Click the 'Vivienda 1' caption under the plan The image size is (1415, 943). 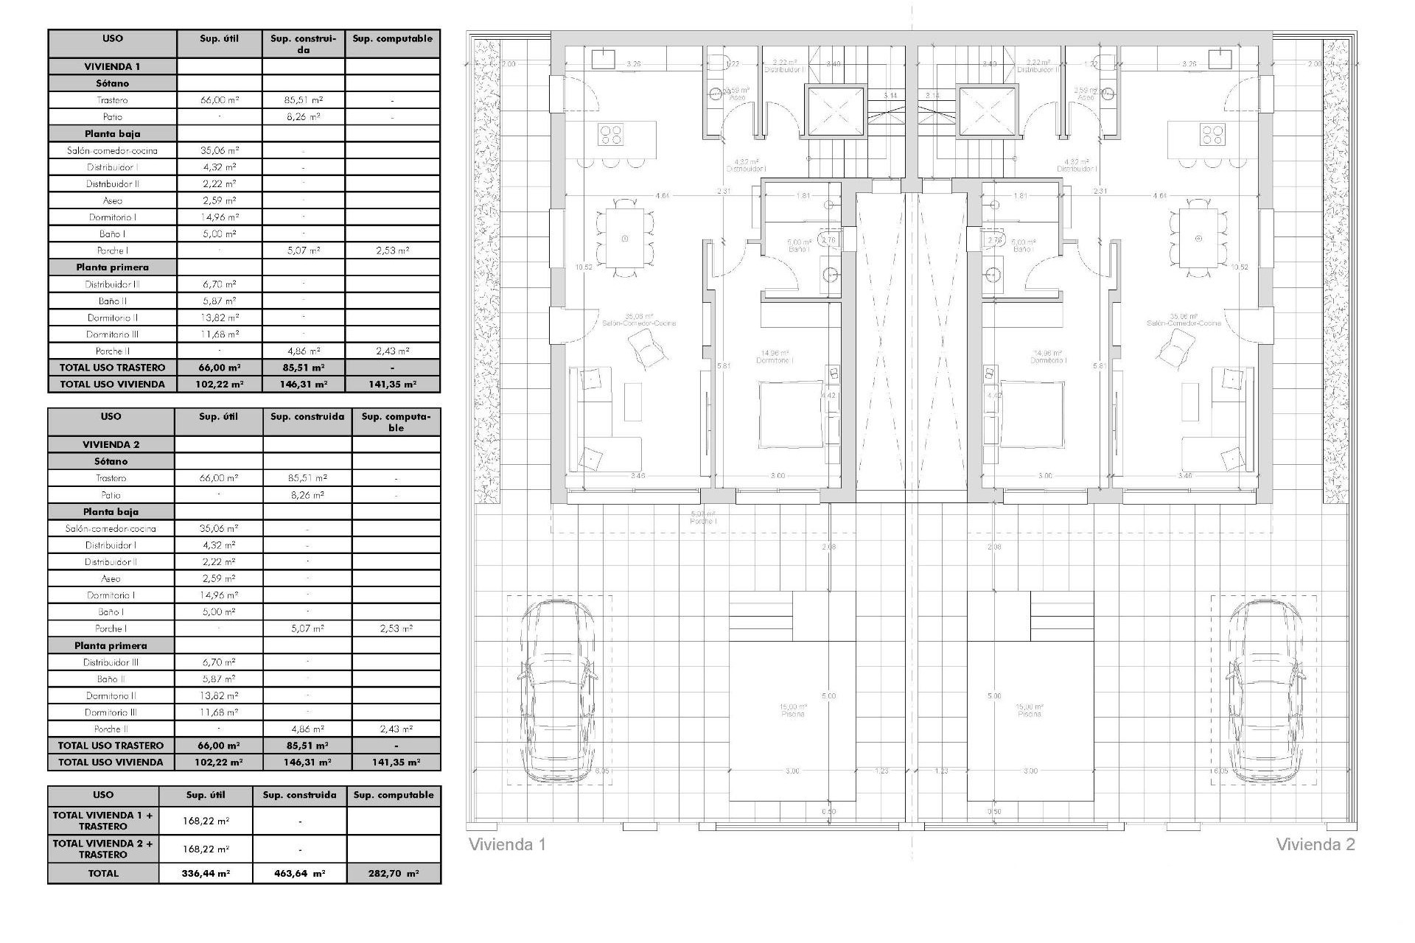coord(507,844)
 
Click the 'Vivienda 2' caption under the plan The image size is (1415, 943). coord(1315,844)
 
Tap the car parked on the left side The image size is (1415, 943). coord(558,692)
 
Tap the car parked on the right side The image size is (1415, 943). coord(1263,692)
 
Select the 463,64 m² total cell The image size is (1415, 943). coord(299,873)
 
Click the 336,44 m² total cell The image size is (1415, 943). coord(206,873)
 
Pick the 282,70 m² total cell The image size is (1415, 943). coord(394,873)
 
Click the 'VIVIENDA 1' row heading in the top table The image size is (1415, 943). coord(112,66)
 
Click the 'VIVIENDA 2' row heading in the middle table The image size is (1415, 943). coord(111,444)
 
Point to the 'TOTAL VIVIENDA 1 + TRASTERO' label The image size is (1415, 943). coord(103,820)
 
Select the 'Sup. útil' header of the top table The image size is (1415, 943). coord(220,38)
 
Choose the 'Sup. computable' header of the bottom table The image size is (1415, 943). coord(394,795)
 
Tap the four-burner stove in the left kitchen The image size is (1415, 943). coord(611,134)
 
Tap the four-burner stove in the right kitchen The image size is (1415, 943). coord(1212,134)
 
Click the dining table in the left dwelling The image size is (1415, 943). coord(625,238)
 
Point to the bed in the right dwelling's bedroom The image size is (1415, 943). coord(1031,413)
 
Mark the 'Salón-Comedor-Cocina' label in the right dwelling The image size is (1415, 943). coord(1184,323)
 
